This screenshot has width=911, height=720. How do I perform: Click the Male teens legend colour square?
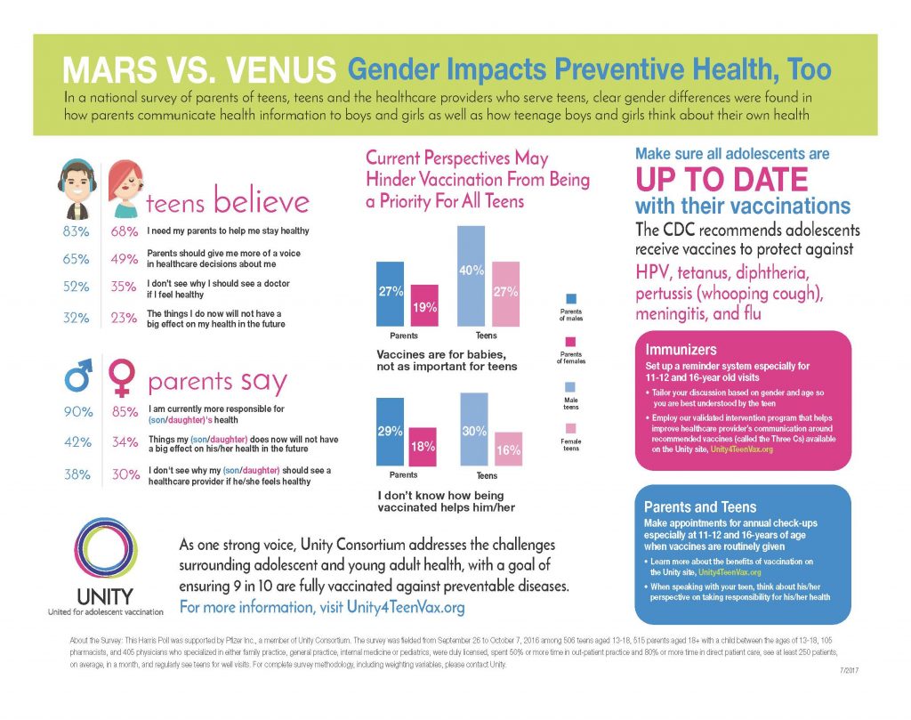coord(570,388)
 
